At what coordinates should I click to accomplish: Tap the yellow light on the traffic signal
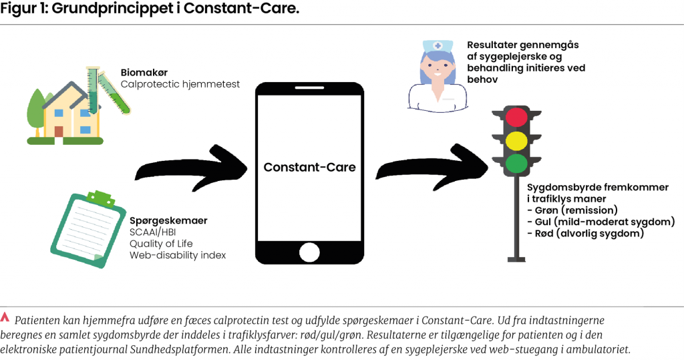click(516, 141)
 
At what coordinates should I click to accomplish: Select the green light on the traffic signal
click(516, 163)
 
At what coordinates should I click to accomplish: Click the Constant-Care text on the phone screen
click(309, 167)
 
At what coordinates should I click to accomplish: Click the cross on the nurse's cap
click(438, 46)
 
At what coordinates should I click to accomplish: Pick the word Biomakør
click(142, 73)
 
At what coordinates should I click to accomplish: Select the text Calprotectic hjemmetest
click(180, 85)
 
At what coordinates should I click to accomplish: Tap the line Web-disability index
click(178, 255)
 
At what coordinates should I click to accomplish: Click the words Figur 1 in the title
click(22, 10)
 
